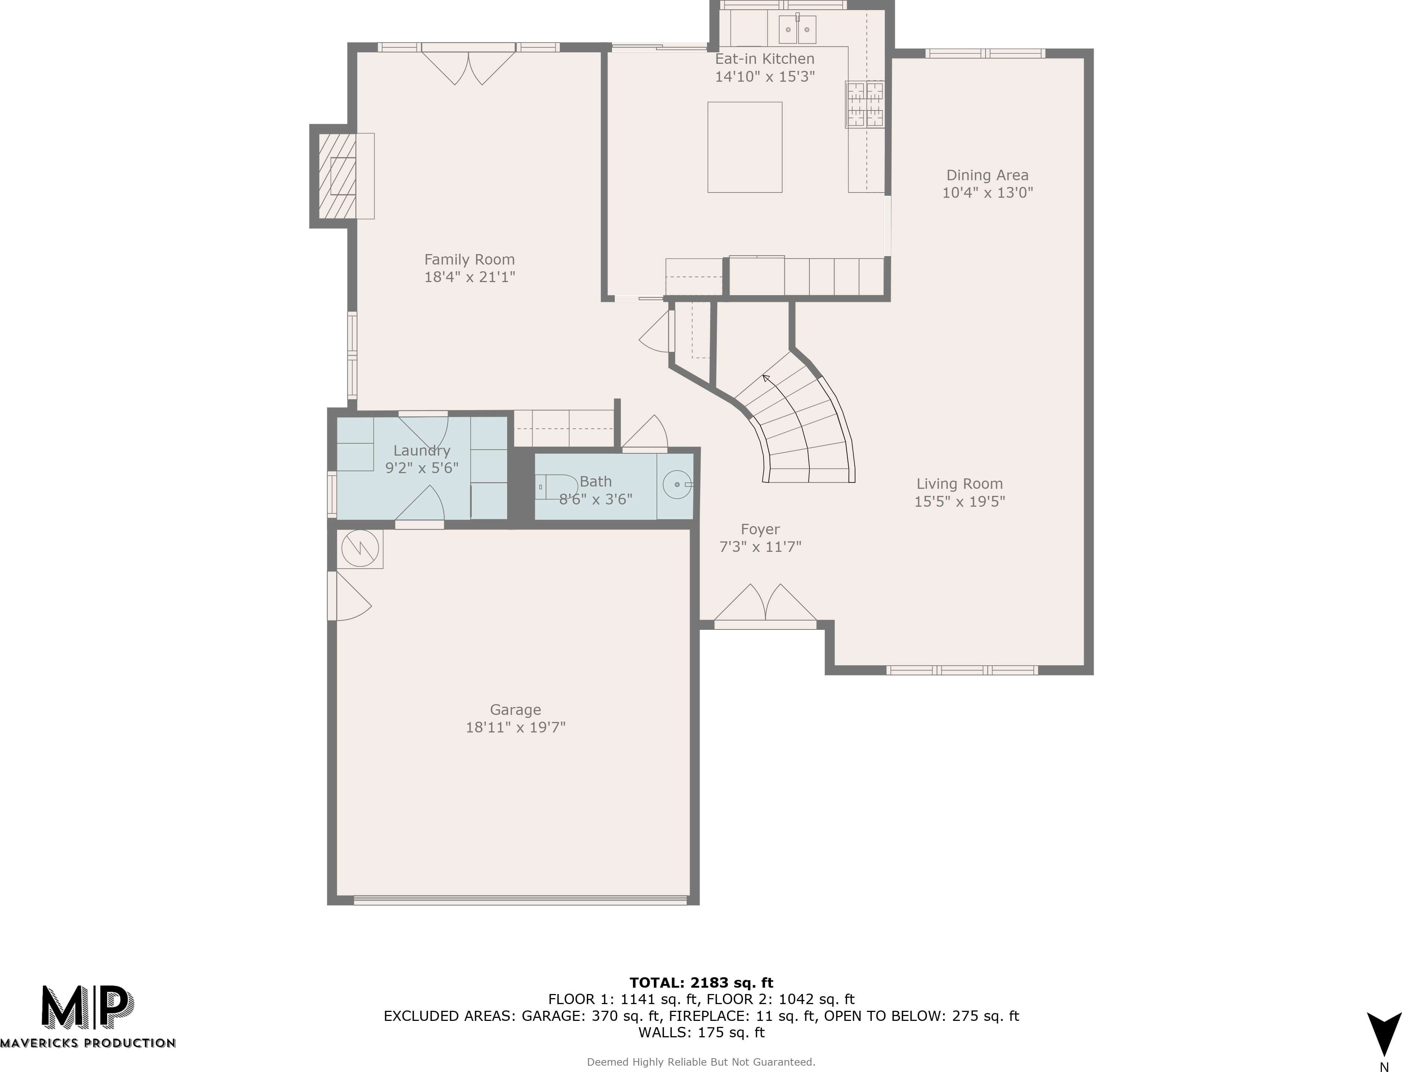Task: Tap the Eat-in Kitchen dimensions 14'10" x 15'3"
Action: click(x=765, y=76)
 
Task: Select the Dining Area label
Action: click(x=987, y=175)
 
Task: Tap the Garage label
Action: click(x=516, y=710)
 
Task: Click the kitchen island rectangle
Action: click(x=745, y=147)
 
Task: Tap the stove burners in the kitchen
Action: click(x=865, y=104)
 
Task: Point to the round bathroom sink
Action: click(x=677, y=485)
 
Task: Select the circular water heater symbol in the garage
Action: click(x=360, y=548)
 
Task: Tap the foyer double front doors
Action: click(x=765, y=603)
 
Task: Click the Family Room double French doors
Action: click(x=468, y=65)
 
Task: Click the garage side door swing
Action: click(x=349, y=596)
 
